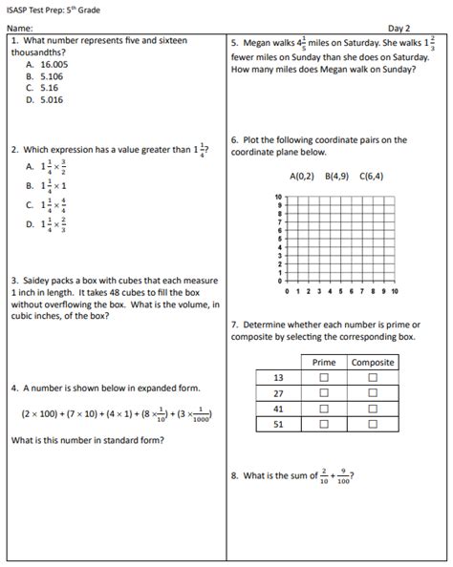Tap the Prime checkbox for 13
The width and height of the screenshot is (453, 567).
click(x=323, y=378)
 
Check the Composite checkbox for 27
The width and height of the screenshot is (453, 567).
click(x=373, y=393)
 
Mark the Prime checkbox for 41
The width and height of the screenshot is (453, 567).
click(x=323, y=409)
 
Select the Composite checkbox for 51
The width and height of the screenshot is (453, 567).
click(x=373, y=424)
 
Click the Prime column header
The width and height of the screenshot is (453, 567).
click(x=323, y=363)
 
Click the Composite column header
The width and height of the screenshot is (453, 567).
click(x=373, y=363)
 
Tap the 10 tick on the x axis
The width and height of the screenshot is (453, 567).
click(x=395, y=290)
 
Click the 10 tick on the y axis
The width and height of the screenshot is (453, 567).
click(x=278, y=196)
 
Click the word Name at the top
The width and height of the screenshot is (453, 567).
click(x=19, y=29)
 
